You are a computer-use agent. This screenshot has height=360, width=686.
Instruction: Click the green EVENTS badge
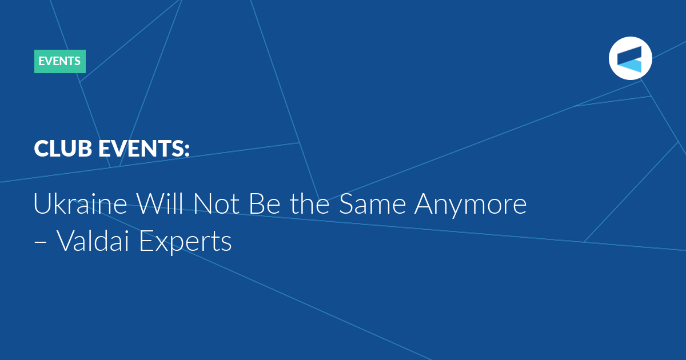pyautogui.click(x=59, y=61)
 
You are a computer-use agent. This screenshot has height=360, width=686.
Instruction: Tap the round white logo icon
pyautogui.click(x=630, y=58)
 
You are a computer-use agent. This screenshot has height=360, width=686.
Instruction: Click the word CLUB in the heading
pyautogui.click(x=63, y=149)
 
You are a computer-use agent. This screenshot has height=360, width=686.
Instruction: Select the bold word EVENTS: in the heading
pyautogui.click(x=143, y=149)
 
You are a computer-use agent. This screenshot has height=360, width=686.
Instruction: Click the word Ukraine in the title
pyautogui.click(x=80, y=203)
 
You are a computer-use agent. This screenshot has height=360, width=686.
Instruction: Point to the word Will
pyautogui.click(x=159, y=203)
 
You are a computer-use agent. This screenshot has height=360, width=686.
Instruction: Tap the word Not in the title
pyautogui.click(x=216, y=203)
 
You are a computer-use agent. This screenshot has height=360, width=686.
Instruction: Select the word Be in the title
pyautogui.click(x=264, y=203)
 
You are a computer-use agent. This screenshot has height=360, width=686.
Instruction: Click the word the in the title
pyautogui.click(x=310, y=203)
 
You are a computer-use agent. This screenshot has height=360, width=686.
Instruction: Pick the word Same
pyautogui.click(x=372, y=203)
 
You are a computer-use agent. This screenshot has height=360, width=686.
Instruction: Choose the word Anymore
pyautogui.click(x=470, y=206)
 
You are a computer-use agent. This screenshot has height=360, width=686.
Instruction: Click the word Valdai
pyautogui.click(x=93, y=241)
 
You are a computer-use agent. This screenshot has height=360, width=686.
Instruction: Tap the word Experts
pyautogui.click(x=185, y=242)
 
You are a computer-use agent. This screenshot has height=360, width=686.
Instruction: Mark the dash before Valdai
pyautogui.click(x=40, y=242)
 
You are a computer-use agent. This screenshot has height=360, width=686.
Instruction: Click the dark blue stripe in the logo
pyautogui.click(x=630, y=54)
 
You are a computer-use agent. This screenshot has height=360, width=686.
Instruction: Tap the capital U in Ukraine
pyautogui.click(x=42, y=203)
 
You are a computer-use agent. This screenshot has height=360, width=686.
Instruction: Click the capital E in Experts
pyautogui.click(x=146, y=241)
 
